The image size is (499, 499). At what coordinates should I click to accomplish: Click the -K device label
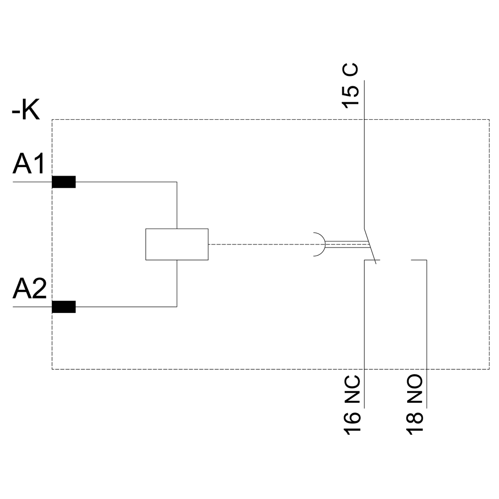tap(25, 111)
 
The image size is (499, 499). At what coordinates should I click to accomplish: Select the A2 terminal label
tap(29, 289)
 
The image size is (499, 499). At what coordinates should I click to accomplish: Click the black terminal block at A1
tap(64, 182)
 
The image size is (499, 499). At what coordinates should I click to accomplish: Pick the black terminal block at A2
tap(64, 307)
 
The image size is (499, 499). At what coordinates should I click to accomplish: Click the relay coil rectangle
tap(177, 244)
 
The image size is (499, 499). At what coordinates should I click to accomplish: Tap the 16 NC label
tap(352, 405)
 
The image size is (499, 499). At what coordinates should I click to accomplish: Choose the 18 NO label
tap(415, 405)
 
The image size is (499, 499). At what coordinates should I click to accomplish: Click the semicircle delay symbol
tap(319, 245)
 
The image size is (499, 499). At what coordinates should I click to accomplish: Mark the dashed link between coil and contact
tap(259, 245)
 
